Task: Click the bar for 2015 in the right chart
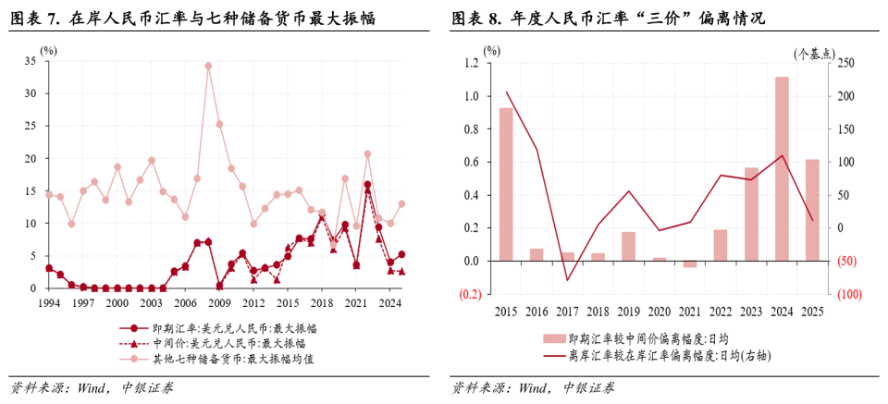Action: pos(506,184)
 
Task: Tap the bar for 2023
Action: pos(751,214)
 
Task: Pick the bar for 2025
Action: pos(812,210)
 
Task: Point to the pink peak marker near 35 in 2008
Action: pos(208,66)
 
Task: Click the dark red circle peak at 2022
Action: pos(367,185)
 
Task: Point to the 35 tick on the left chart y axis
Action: pos(31,61)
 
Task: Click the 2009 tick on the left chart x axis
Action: pos(219,302)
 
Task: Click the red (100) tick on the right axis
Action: pos(849,295)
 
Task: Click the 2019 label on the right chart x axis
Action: pos(628,312)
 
